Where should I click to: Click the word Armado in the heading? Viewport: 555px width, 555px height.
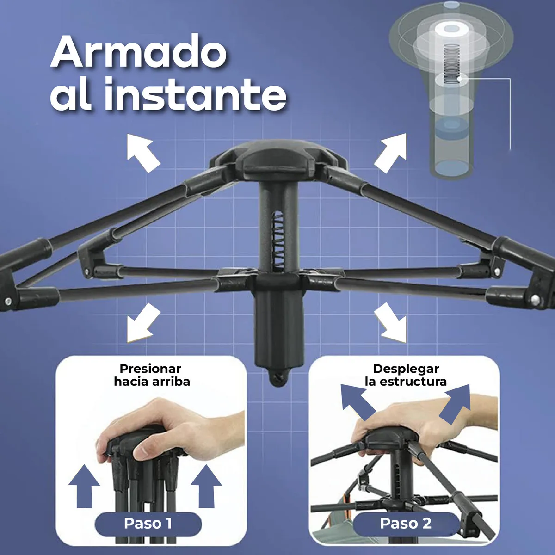pos(139,52)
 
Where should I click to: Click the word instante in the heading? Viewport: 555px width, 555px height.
pos(195,94)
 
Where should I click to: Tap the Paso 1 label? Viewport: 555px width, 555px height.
pos(148,523)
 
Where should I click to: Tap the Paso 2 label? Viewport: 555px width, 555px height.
pos(406,523)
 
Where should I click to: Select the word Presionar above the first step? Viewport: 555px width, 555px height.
pos(150,369)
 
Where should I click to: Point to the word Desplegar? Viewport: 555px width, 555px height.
pos(406,369)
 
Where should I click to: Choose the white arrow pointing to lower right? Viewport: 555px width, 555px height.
pos(391,323)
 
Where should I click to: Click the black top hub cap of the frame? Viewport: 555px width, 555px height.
pos(277,157)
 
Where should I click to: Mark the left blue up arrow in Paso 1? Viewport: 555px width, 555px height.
pos(84,486)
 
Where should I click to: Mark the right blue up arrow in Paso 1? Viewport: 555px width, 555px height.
pos(206,486)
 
